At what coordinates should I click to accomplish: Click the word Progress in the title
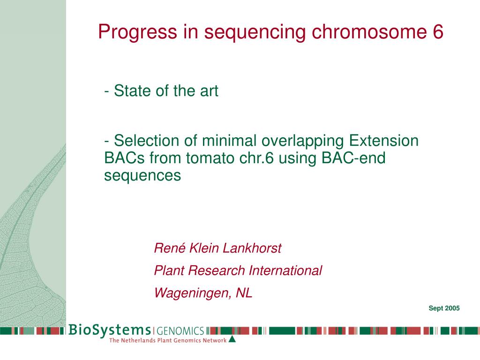(x=137, y=32)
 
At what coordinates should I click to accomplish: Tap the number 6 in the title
(x=438, y=31)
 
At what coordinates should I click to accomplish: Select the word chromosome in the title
(x=369, y=31)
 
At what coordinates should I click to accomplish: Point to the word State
(x=133, y=90)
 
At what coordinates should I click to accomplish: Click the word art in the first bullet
(x=209, y=91)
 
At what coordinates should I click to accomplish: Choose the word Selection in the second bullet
(x=146, y=141)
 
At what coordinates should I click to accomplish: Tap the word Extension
(x=383, y=141)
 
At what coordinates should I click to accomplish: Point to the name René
(x=170, y=248)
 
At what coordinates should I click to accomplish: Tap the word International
(x=285, y=270)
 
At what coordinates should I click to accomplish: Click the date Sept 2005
(x=444, y=308)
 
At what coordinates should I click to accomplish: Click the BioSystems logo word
(x=110, y=330)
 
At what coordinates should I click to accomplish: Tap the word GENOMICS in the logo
(x=180, y=331)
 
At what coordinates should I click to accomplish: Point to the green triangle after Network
(x=232, y=339)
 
